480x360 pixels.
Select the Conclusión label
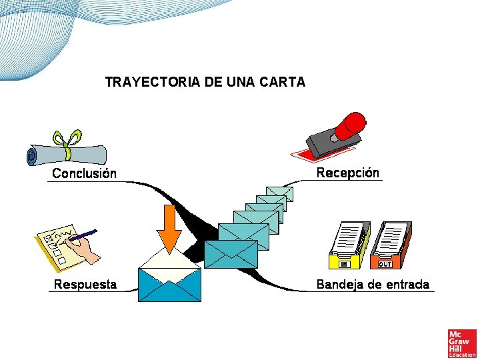[x=84, y=173]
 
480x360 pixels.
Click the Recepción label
[x=347, y=173]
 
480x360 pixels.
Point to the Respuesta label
[x=85, y=285]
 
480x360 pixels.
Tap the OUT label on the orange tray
[x=385, y=265]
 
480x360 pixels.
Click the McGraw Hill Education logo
[x=462, y=343]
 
